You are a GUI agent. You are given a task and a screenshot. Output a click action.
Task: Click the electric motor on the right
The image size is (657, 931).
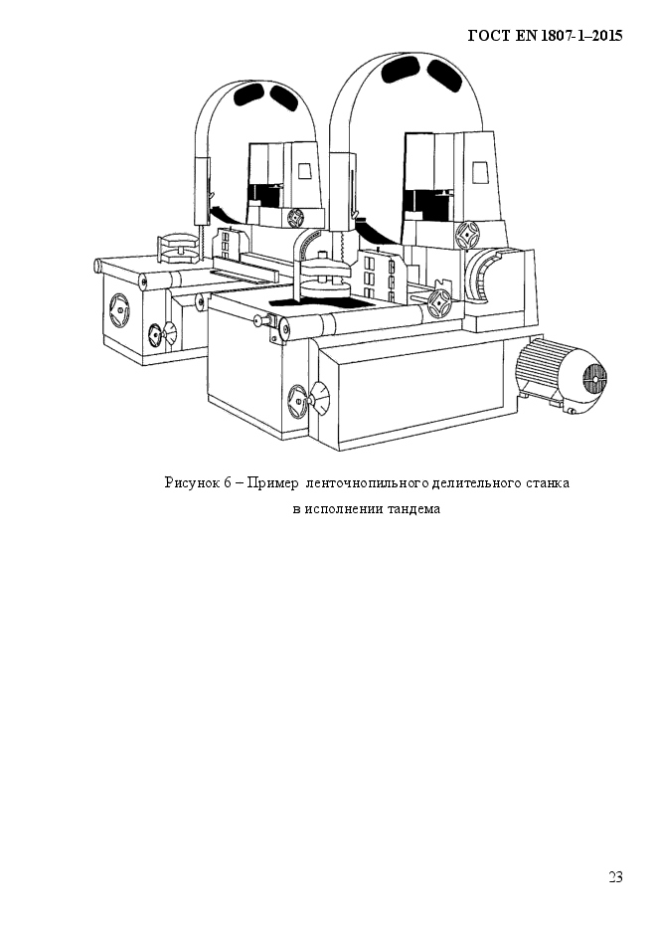(562, 374)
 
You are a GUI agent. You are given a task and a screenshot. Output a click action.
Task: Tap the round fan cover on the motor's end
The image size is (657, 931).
(594, 376)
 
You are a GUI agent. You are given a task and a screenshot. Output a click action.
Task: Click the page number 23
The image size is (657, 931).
(615, 876)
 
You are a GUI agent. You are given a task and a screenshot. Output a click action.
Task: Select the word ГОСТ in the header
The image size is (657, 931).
(488, 36)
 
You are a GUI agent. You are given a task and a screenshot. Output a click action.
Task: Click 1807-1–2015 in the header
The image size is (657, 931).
(581, 36)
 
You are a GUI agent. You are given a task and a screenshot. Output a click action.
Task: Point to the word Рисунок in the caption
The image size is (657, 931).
(191, 482)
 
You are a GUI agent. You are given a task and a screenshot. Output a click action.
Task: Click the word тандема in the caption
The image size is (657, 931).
(413, 509)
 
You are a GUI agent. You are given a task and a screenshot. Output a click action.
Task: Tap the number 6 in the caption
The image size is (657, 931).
(228, 482)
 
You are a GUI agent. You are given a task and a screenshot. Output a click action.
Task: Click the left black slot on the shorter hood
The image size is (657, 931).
(248, 93)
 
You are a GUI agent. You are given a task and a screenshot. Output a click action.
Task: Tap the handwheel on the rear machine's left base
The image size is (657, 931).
(118, 310)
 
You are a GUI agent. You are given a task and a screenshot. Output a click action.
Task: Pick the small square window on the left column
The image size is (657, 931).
(305, 170)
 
